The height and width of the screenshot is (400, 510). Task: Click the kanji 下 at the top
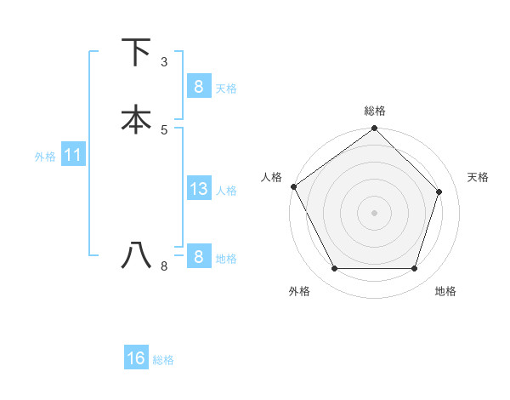click(137, 53)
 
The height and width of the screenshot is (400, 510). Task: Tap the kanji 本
click(137, 120)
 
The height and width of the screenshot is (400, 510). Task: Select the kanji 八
click(137, 254)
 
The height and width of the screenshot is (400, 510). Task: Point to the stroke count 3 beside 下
click(164, 62)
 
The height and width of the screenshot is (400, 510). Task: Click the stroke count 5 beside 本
click(164, 129)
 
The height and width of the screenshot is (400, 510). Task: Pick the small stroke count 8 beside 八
click(164, 266)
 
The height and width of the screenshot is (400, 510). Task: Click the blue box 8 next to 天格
click(198, 87)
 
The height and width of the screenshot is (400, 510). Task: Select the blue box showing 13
click(198, 189)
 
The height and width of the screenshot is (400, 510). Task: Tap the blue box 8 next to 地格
click(198, 257)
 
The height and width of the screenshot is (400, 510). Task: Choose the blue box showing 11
click(72, 155)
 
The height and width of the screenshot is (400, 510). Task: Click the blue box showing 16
click(136, 358)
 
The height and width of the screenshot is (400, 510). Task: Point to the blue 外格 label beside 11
click(45, 157)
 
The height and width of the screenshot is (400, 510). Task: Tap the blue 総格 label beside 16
click(163, 360)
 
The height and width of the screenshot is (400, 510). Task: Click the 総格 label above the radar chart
click(374, 111)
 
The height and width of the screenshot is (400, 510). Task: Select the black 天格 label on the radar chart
click(479, 177)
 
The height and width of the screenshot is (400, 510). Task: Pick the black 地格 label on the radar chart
click(445, 291)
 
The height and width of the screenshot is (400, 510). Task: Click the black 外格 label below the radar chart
click(299, 291)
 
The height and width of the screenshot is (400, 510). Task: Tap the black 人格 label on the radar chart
click(272, 177)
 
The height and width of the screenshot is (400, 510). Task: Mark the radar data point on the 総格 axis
click(374, 129)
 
